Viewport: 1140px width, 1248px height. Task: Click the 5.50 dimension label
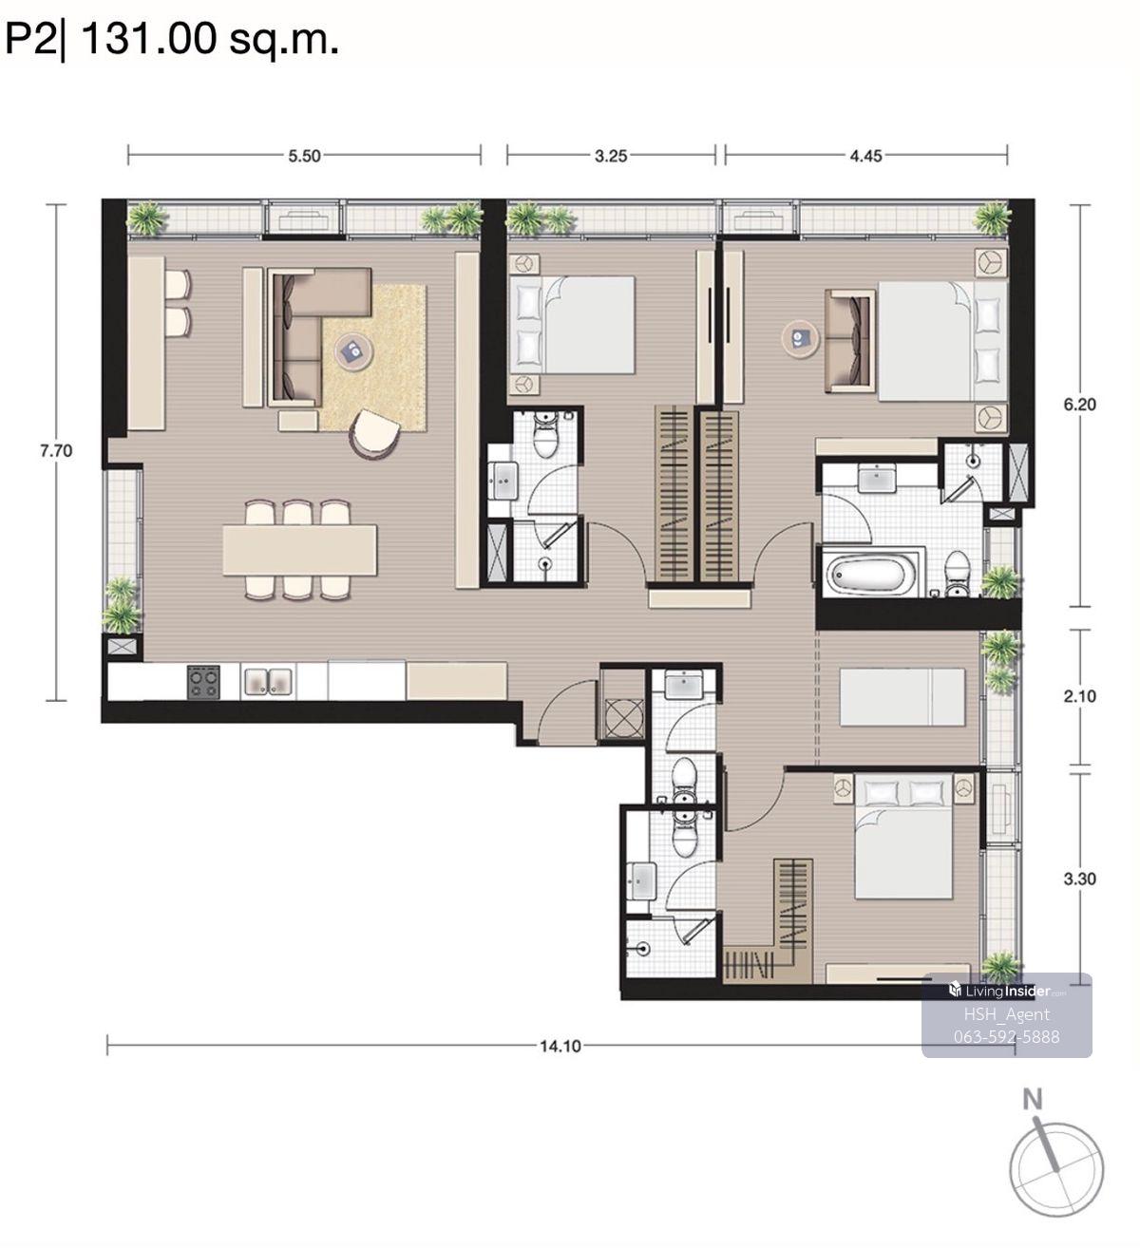[304, 156]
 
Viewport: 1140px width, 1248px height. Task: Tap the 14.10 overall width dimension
[560, 1046]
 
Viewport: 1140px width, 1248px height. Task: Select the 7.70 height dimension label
[56, 450]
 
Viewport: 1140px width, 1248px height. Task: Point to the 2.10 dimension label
[1079, 696]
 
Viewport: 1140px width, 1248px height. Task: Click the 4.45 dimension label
[865, 156]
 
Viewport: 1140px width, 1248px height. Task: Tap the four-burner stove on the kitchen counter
[203, 682]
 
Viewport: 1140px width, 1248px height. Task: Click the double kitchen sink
[268, 681]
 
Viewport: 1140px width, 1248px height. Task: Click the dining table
[299, 550]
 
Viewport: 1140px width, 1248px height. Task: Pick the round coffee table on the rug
[354, 352]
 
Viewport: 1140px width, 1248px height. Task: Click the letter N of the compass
[1033, 1099]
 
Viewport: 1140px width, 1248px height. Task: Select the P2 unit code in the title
[30, 39]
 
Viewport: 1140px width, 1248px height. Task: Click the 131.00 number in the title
[149, 39]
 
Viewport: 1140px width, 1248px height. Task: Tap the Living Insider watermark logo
[1006, 991]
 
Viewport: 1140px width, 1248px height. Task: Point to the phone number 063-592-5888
[1006, 1036]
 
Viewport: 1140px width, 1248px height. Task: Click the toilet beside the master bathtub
[955, 573]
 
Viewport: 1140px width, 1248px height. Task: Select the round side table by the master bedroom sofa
[800, 338]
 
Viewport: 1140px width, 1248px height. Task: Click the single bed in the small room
[902, 697]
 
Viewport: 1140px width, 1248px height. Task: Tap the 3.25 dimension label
[611, 156]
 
